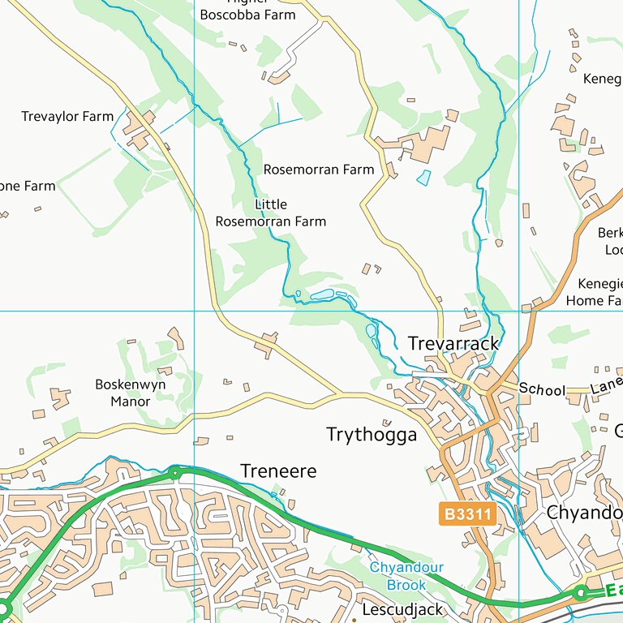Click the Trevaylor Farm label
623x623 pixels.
(x=67, y=117)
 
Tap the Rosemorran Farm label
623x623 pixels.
(x=319, y=170)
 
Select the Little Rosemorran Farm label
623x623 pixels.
(x=270, y=213)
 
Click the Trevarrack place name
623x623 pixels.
(x=453, y=344)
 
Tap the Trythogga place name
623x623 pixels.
(x=372, y=435)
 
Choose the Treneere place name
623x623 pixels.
(x=278, y=470)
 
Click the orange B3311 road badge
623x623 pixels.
(x=467, y=514)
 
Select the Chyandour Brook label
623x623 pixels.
(x=406, y=576)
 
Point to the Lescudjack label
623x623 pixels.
(x=403, y=609)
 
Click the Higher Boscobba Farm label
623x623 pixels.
(x=247, y=11)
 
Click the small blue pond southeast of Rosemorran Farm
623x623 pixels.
(x=423, y=178)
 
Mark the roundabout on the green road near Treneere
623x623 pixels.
(x=174, y=471)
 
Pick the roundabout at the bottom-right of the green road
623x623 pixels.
(x=580, y=594)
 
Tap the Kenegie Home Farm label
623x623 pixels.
(x=599, y=292)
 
